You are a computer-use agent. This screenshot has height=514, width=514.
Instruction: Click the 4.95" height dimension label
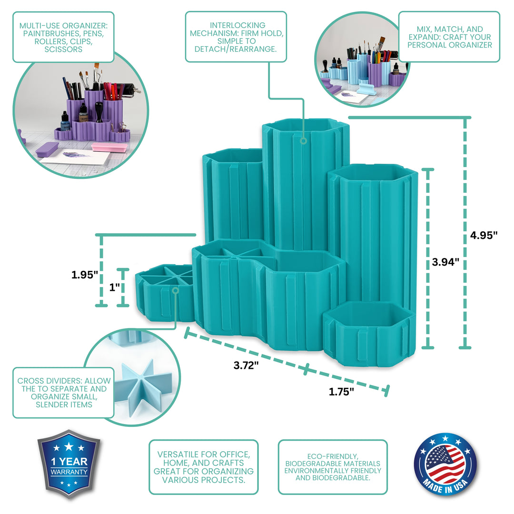click(x=484, y=235)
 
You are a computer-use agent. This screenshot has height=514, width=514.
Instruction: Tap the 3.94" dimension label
click(x=445, y=262)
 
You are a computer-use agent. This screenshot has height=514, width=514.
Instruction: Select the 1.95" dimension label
click(x=85, y=275)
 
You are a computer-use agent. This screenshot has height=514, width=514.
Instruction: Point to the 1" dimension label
click(x=114, y=287)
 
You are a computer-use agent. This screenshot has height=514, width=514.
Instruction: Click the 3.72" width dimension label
click(x=246, y=365)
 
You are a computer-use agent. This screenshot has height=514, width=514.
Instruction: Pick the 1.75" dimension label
click(x=341, y=391)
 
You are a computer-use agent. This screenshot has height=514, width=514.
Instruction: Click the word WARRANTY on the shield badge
click(x=69, y=472)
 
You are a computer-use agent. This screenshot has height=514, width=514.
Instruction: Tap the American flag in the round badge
click(x=445, y=463)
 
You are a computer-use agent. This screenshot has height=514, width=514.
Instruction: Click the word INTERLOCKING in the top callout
click(x=237, y=25)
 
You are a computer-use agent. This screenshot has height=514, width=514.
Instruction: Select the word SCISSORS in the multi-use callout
click(x=63, y=49)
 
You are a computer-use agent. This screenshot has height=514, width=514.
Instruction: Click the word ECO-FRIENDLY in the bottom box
click(x=332, y=456)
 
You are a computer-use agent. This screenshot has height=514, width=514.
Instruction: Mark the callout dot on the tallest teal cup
click(x=304, y=141)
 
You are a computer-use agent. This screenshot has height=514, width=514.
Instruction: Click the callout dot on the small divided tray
click(x=175, y=290)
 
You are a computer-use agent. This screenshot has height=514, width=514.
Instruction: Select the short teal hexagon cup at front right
click(x=369, y=334)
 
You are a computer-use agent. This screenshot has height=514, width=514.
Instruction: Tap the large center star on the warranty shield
click(x=69, y=446)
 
